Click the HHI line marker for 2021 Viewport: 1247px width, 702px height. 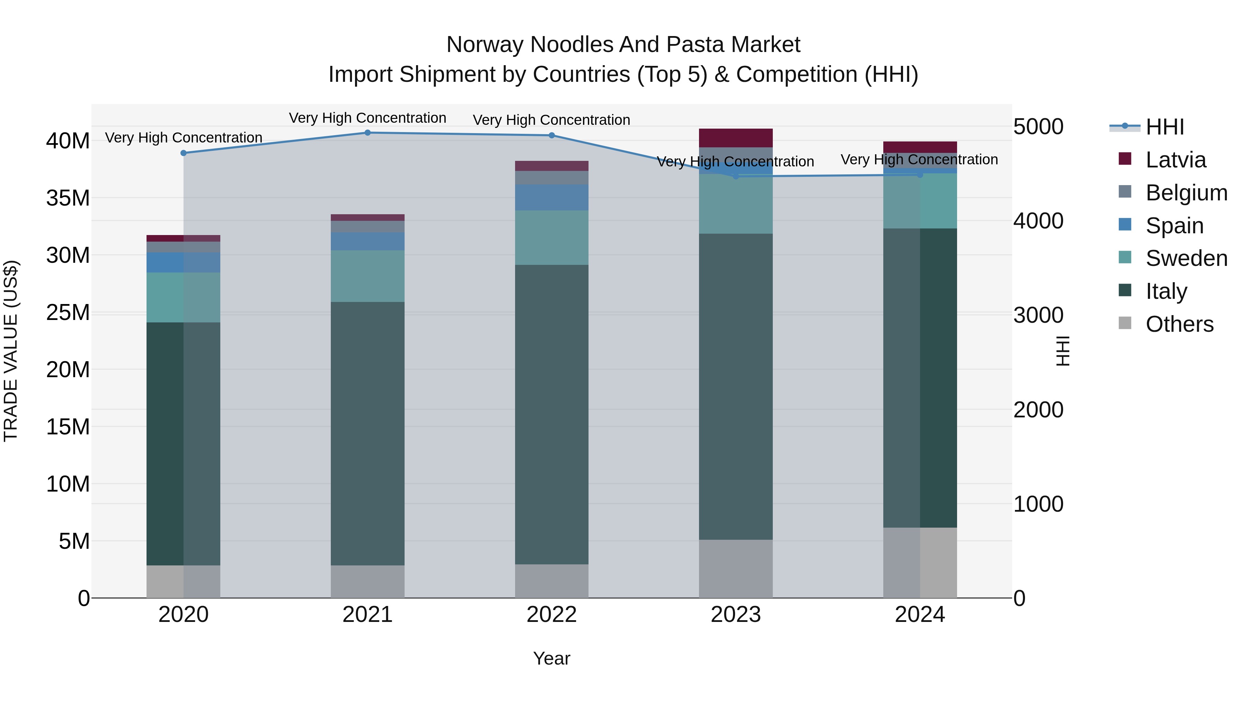(x=368, y=133)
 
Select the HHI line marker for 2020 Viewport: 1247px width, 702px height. (x=184, y=153)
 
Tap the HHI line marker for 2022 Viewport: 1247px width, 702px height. (x=551, y=136)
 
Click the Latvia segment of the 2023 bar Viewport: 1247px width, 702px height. (x=735, y=138)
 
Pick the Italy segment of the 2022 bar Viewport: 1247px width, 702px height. (x=551, y=414)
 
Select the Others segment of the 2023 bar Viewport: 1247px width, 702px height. (x=735, y=569)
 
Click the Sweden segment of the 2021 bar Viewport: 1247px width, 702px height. (x=368, y=276)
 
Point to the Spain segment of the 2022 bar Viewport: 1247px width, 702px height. (x=551, y=197)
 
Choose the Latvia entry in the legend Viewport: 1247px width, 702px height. (x=1175, y=160)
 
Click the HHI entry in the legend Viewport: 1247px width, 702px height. (x=1164, y=127)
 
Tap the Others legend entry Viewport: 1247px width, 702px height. (x=1179, y=324)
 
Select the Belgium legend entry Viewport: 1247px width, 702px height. (x=1186, y=193)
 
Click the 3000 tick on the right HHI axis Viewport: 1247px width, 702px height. (x=1038, y=315)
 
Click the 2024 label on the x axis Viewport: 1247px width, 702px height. (x=919, y=615)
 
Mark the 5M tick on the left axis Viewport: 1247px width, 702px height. (x=74, y=541)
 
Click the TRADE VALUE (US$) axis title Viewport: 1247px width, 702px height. (x=11, y=351)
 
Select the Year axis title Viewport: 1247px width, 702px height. (x=551, y=658)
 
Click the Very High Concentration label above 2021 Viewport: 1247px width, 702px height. (x=368, y=118)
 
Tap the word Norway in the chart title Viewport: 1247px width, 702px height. (x=485, y=45)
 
